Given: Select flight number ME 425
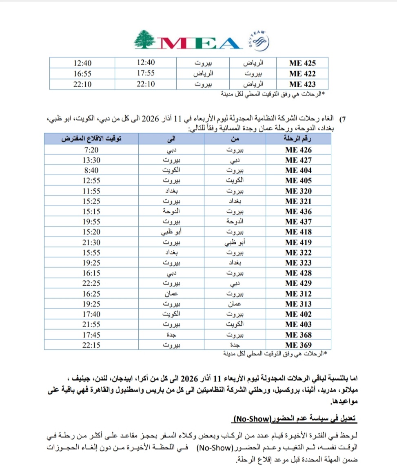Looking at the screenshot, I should tap(302, 63).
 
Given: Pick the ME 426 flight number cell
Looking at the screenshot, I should tap(299, 150).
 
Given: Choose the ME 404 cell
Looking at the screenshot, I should tap(299, 170).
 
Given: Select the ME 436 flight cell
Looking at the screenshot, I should tap(299, 212).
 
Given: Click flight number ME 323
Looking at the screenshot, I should tap(299, 263).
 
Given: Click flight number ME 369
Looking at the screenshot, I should tap(299, 345).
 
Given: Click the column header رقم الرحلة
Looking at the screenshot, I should tap(298, 139).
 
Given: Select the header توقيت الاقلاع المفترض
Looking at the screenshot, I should tap(91, 139).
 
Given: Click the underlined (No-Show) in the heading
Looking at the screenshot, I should tap(252, 419).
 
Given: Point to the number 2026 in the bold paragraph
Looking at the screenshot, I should tap(189, 375).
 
